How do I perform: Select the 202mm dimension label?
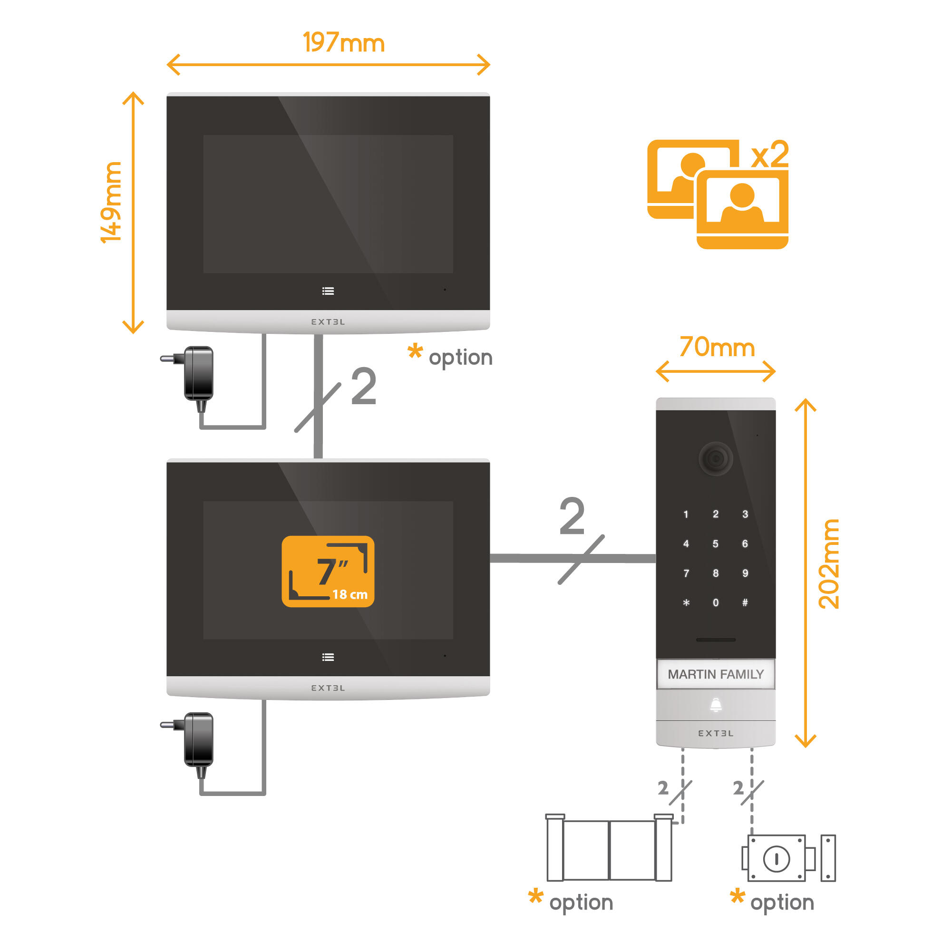(829, 563)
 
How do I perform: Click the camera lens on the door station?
(715, 459)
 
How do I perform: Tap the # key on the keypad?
(745, 602)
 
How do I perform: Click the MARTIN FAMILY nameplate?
(715, 674)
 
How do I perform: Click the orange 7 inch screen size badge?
(328, 571)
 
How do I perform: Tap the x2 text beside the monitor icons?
(769, 155)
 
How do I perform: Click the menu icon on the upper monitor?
(328, 291)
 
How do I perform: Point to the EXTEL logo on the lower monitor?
(328, 688)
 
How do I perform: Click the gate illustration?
(609, 849)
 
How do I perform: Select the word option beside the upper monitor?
(460, 358)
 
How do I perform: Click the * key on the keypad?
(686, 602)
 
